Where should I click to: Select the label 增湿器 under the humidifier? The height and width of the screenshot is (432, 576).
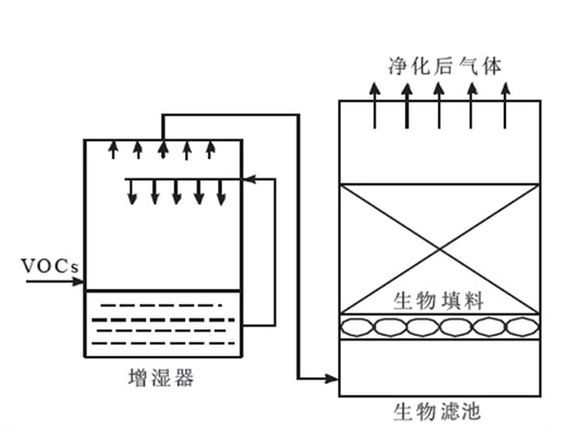click(x=160, y=377)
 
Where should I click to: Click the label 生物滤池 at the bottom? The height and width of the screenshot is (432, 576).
click(x=438, y=414)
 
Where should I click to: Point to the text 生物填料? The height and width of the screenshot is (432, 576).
click(x=439, y=300)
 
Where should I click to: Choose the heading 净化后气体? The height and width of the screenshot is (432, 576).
click(x=438, y=64)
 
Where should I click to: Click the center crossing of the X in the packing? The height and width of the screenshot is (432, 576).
click(x=440, y=250)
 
